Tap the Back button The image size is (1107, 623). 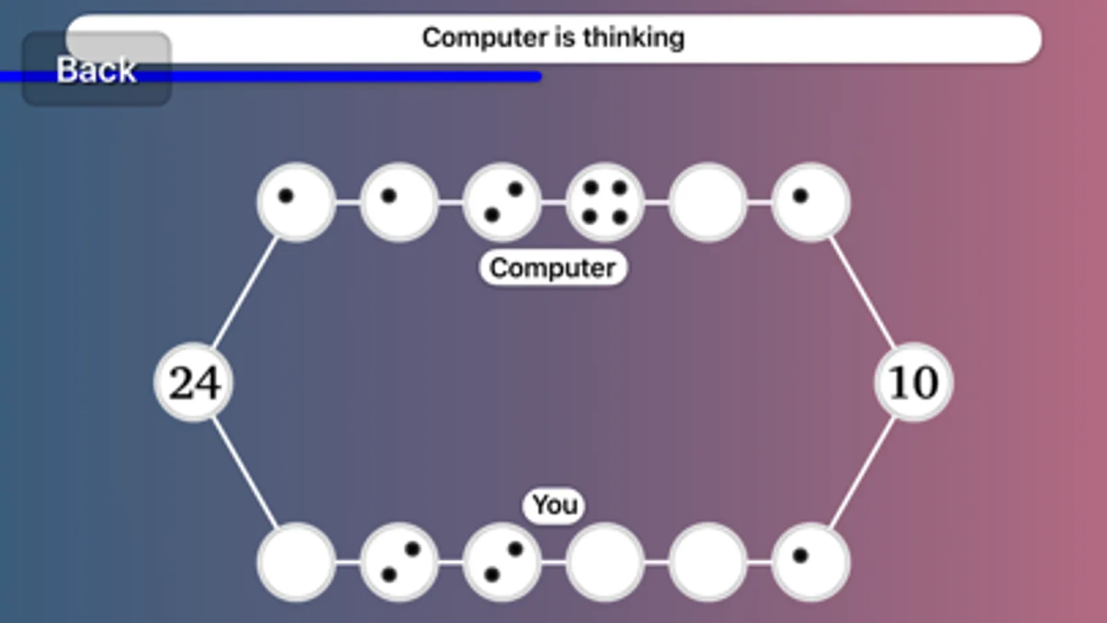click(96, 70)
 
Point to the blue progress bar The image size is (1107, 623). click(346, 77)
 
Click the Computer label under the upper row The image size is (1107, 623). click(552, 268)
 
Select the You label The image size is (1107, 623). click(555, 505)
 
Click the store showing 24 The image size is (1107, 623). click(193, 382)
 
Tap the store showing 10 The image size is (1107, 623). click(913, 382)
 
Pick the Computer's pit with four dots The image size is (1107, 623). click(604, 202)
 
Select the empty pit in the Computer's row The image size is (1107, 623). click(708, 202)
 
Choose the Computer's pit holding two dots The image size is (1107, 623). click(502, 202)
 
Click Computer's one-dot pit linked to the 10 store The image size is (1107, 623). click(810, 202)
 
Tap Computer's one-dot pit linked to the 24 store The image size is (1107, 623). click(296, 202)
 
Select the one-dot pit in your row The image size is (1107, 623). click(810, 562)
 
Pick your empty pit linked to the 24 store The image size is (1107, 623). click(296, 562)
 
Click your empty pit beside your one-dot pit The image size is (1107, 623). click(708, 562)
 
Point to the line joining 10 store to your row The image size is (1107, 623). click(862, 472)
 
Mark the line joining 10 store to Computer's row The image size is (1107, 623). click(862, 292)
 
